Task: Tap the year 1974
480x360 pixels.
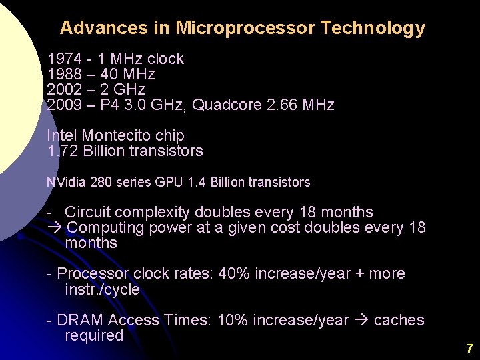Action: [x=61, y=59]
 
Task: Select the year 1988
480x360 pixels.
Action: [x=61, y=74]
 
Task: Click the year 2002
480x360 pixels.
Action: [x=61, y=89]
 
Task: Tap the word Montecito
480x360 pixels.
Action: [x=113, y=135]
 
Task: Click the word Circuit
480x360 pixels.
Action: [x=89, y=213]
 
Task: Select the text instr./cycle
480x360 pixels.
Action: [x=102, y=289]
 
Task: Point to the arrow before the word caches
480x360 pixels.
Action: [x=361, y=321]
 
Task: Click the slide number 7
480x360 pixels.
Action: [x=469, y=348]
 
